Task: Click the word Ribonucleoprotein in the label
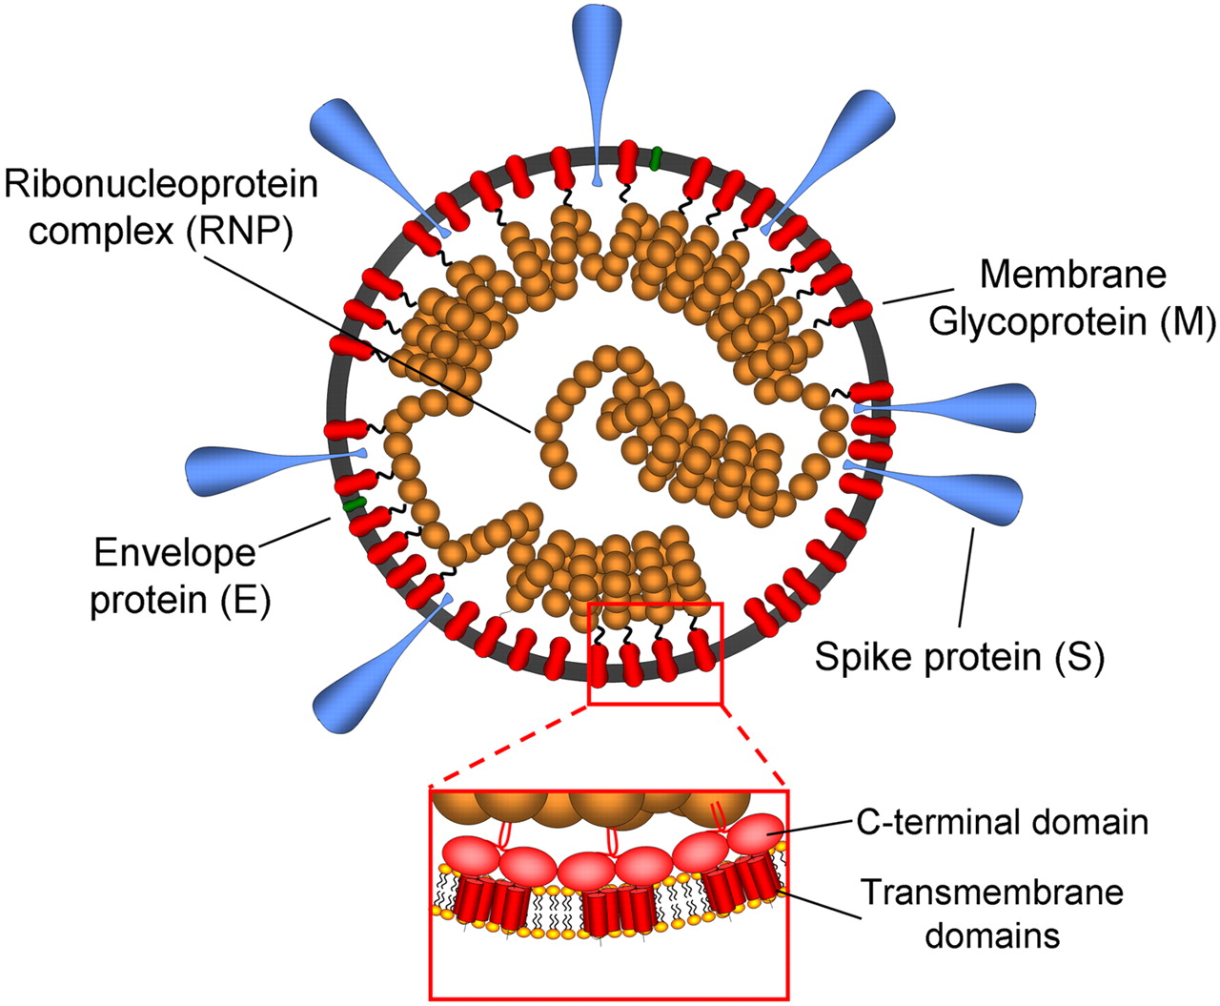coord(161,184)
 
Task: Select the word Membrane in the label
coord(1072,275)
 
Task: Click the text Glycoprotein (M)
coord(1072,322)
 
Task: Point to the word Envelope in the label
coord(161,553)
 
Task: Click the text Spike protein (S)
coord(959,657)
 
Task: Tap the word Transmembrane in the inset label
coord(992,893)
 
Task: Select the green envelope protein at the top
coord(656,159)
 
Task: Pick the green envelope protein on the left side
coord(356,502)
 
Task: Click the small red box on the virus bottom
coord(656,654)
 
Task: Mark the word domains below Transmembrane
coord(992,935)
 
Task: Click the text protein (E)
coord(180,601)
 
